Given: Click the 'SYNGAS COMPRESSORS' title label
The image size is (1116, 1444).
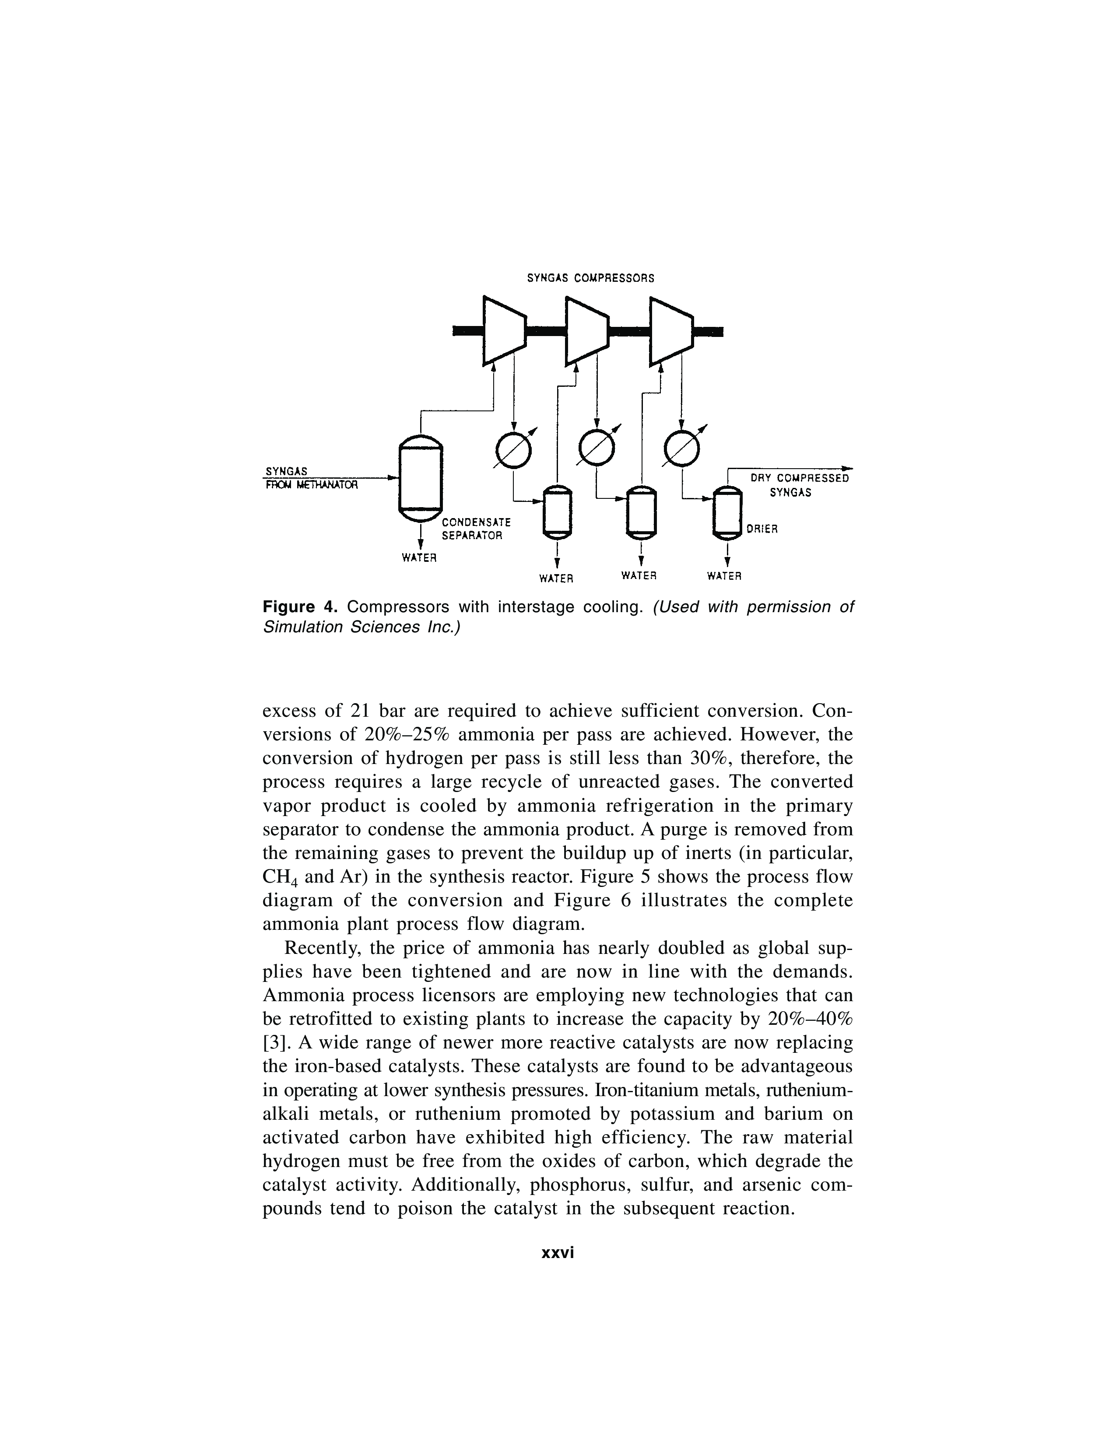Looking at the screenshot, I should (x=590, y=278).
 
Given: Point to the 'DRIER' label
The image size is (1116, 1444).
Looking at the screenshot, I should (x=762, y=529).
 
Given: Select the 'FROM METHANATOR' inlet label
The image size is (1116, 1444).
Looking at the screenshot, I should (x=311, y=485).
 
